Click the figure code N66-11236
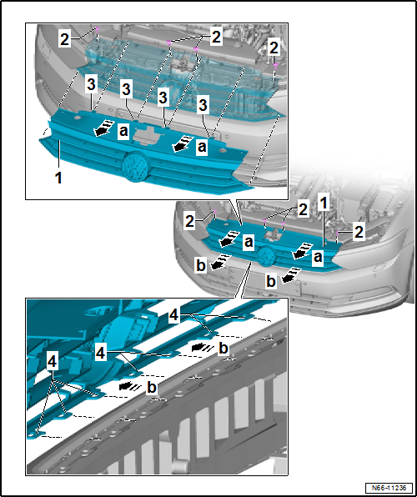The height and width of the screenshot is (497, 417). click(389, 487)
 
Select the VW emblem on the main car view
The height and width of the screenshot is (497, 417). click(267, 256)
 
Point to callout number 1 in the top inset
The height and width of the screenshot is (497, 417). click(58, 178)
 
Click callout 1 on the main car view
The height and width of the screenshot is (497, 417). click(323, 204)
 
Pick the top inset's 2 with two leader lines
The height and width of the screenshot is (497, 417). click(216, 38)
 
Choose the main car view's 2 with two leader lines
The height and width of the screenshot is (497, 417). click(303, 210)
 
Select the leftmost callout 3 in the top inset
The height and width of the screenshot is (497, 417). click(91, 85)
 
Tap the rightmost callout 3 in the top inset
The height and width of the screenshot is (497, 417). click(203, 107)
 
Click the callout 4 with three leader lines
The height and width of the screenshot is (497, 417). click(52, 362)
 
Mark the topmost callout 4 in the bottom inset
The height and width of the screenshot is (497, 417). click(174, 316)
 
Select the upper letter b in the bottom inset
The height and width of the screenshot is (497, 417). click(224, 349)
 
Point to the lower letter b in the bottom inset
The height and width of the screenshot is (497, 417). click(152, 388)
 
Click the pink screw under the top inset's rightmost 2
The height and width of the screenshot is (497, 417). click(275, 65)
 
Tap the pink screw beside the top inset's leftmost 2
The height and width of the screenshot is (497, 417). click(98, 29)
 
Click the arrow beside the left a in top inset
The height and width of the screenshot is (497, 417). click(103, 128)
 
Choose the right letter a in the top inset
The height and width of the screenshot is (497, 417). click(202, 148)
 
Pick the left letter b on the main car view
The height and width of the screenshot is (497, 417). click(201, 266)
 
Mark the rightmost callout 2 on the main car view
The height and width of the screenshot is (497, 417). click(359, 233)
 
